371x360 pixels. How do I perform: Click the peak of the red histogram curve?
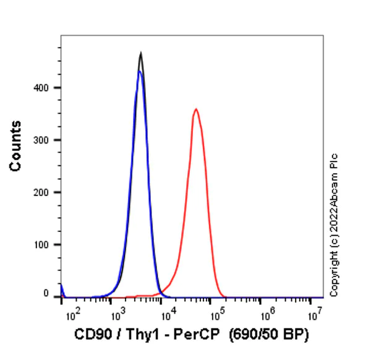(x=195, y=109)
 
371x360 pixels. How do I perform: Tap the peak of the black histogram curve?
(x=141, y=53)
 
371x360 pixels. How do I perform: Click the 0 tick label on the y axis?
(x=54, y=296)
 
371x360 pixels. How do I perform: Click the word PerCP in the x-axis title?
(x=189, y=335)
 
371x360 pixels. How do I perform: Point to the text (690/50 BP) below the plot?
(x=268, y=335)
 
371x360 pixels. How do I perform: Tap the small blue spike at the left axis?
(x=62, y=288)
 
